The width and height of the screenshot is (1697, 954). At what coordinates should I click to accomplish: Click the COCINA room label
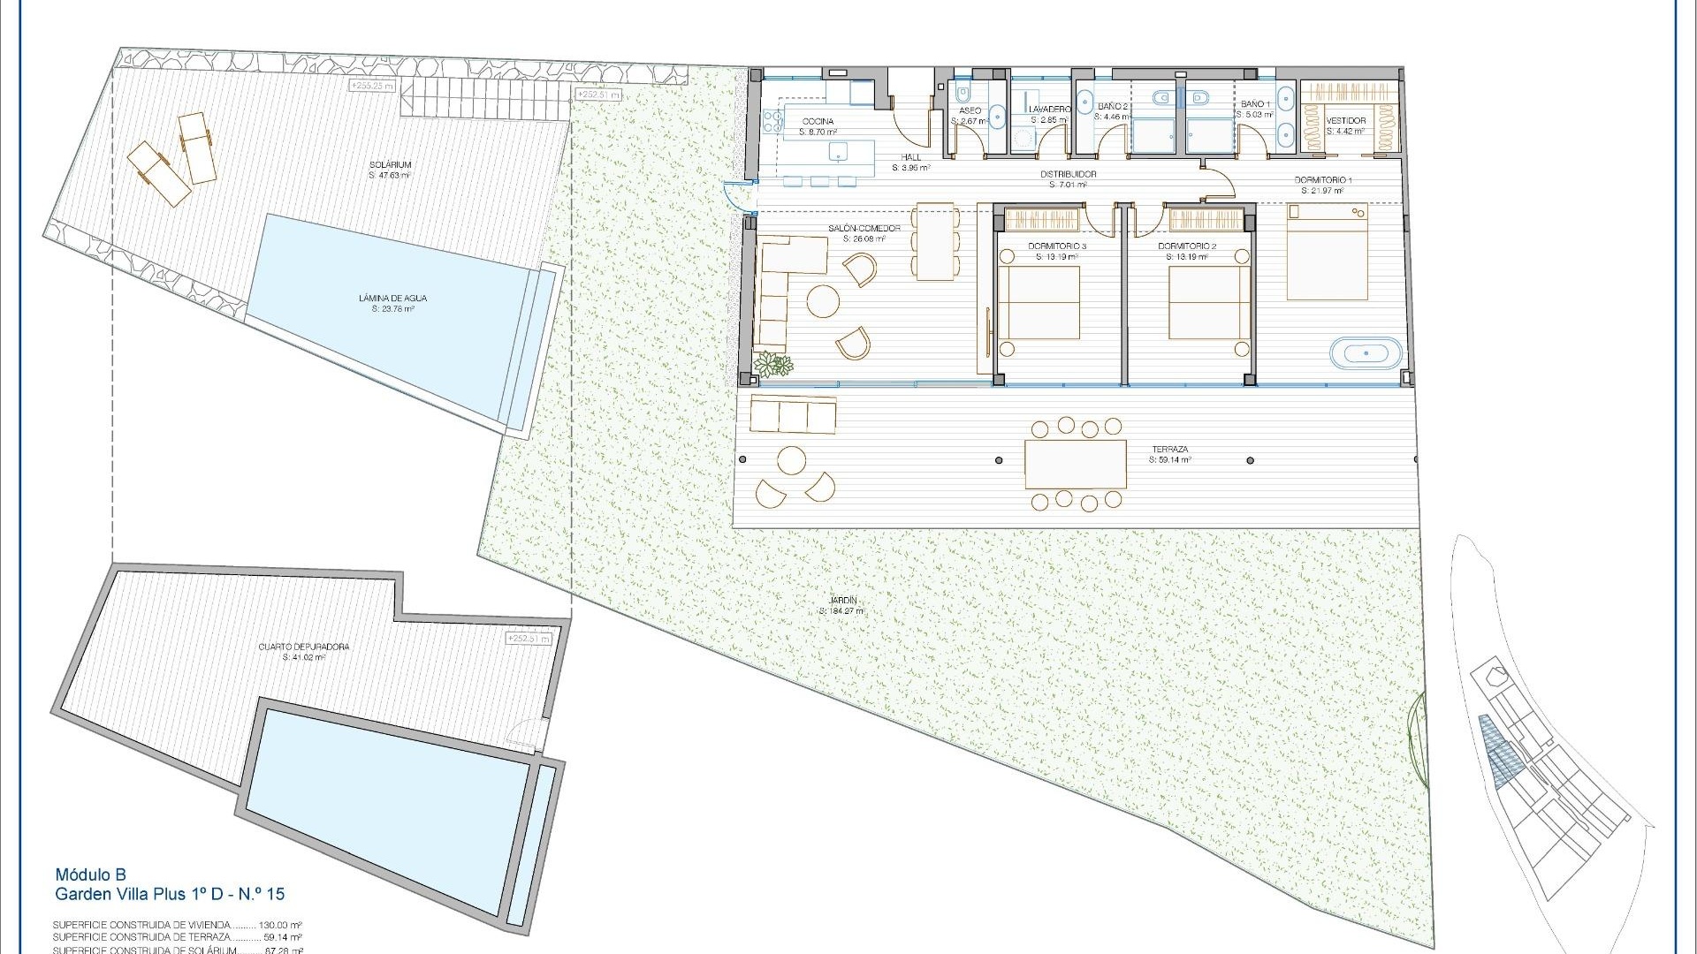pyautogui.click(x=817, y=122)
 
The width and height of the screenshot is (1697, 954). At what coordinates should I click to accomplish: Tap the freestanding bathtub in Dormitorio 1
pyautogui.click(x=1366, y=353)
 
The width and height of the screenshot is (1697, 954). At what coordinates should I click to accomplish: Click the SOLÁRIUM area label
pyautogui.click(x=391, y=165)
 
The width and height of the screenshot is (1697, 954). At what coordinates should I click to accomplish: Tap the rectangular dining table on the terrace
pyautogui.click(x=1076, y=464)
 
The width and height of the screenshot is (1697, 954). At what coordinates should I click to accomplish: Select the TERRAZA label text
pyautogui.click(x=1169, y=450)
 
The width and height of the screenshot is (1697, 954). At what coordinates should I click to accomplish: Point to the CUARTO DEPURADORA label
pyautogui.click(x=303, y=647)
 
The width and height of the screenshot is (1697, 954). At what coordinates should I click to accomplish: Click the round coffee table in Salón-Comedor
pyautogui.click(x=824, y=301)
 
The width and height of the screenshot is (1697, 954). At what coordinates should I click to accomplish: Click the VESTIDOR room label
pyautogui.click(x=1346, y=121)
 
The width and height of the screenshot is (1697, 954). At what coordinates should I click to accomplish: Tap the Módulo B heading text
pyautogui.click(x=90, y=874)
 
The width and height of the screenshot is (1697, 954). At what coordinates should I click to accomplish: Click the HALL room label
pyautogui.click(x=910, y=157)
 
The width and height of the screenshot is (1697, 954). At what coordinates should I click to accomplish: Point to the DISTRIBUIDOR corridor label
pyautogui.click(x=1073, y=174)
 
